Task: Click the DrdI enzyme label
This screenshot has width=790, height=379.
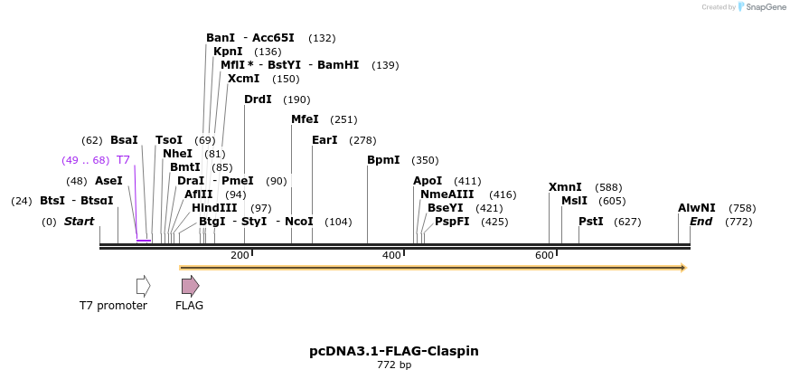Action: [258, 99]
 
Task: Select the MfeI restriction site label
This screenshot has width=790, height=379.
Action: [305, 119]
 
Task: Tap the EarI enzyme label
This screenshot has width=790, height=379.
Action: [324, 140]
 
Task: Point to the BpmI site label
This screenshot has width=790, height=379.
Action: [383, 160]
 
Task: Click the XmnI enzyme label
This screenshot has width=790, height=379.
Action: [565, 187]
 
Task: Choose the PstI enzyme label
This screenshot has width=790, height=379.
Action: [591, 222]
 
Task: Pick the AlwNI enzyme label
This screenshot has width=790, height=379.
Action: [696, 208]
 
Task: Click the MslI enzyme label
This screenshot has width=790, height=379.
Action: [574, 201]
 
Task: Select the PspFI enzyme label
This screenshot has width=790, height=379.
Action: [452, 222]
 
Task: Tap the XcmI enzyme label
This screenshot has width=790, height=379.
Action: [243, 79]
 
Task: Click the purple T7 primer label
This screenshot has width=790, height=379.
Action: [124, 160]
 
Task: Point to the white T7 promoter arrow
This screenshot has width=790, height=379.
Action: [143, 286]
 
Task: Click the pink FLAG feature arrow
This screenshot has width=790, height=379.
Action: [190, 286]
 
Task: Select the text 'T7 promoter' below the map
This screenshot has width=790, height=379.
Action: [113, 306]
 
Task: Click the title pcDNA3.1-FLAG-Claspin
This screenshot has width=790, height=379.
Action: [394, 351]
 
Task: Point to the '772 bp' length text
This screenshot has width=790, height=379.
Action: [394, 365]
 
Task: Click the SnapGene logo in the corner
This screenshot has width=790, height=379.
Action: [761, 7]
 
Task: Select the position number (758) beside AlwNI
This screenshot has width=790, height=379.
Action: [742, 208]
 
